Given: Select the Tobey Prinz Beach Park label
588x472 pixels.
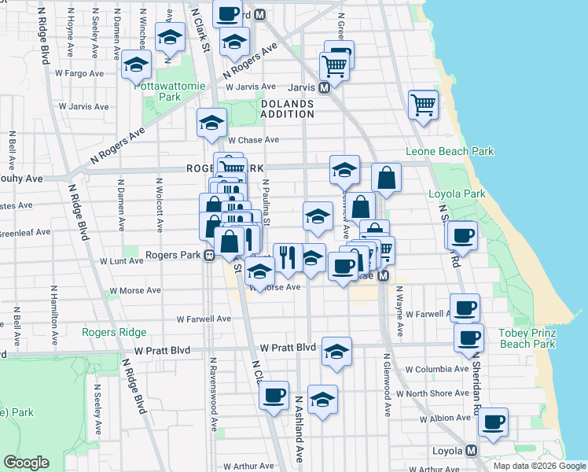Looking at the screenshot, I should click(527, 338).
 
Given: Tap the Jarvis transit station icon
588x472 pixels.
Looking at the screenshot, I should click(324, 88).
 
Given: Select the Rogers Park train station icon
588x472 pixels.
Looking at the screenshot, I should click(209, 255).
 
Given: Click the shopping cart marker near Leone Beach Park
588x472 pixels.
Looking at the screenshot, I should click(424, 105).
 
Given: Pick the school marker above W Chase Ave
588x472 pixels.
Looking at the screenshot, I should click(212, 122).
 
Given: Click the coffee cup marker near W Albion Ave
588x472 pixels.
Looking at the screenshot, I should click(494, 422).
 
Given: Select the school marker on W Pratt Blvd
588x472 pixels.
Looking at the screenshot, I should click(336, 352).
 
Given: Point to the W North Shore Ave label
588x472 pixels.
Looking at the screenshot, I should click(432, 393).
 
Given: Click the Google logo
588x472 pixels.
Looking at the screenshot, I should click(27, 463).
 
